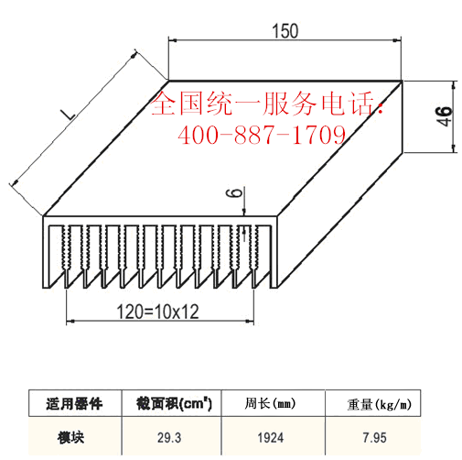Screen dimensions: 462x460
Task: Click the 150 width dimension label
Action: point(285,31)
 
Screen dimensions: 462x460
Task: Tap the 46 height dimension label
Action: point(444,116)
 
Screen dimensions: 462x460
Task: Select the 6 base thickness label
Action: point(234,192)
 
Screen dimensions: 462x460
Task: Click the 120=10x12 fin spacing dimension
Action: point(157,312)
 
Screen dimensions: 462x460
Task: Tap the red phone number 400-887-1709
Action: point(262,135)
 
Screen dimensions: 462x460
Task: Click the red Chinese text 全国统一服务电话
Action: point(263,104)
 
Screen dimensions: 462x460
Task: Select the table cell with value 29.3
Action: point(169,438)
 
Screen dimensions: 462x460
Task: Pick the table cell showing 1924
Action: point(271,438)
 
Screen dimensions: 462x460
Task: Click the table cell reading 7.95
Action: point(374,438)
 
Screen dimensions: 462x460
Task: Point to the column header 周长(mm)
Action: point(270,403)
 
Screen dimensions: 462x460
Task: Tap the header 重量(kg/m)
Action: point(379,404)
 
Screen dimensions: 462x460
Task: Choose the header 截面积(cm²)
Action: point(174,403)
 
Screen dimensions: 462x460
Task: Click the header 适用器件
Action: point(74,404)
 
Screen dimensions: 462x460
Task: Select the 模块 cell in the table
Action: point(70,437)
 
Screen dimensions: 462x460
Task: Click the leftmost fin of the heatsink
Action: point(46,256)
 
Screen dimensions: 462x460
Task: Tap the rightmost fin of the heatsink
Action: point(274,256)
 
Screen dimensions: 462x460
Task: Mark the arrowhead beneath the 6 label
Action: point(244,212)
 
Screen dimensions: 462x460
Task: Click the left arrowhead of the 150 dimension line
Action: point(173,40)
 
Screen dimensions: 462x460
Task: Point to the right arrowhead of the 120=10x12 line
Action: point(250,321)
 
